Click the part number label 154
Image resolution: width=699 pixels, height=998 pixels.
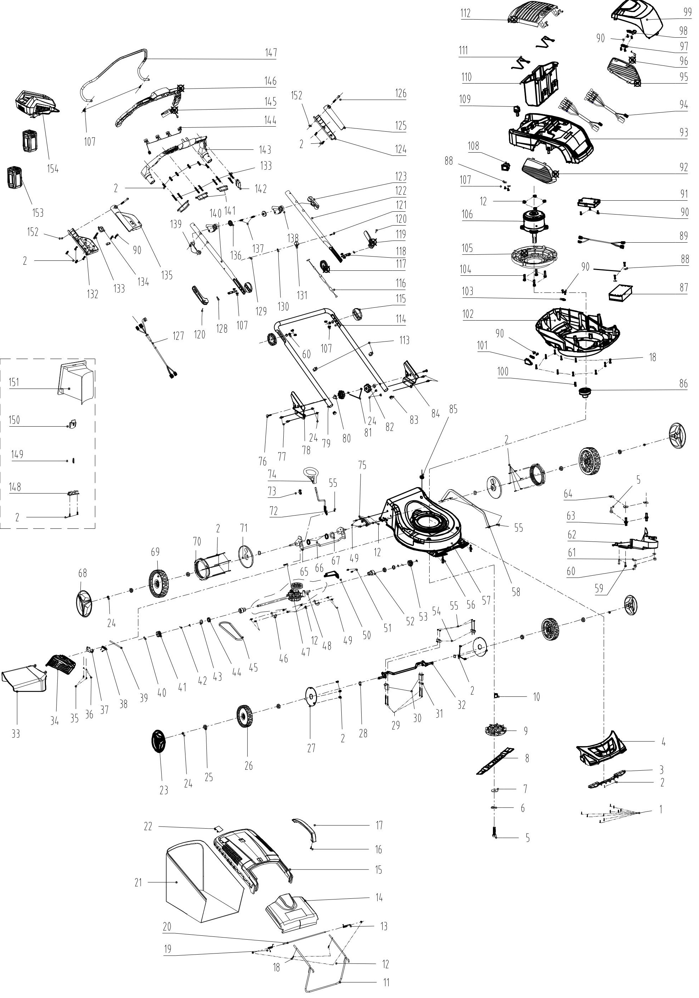(x=53, y=169)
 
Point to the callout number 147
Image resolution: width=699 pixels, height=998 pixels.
(x=271, y=53)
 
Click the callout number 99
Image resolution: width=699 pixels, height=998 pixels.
(x=687, y=12)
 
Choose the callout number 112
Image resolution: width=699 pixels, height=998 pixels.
(x=465, y=13)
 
